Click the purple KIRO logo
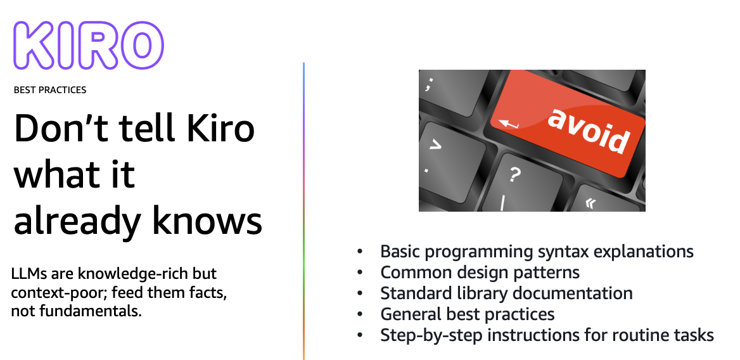(x=89, y=46)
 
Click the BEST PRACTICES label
(x=50, y=89)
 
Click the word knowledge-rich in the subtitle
(x=147, y=274)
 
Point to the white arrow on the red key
(x=509, y=124)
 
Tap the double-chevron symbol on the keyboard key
(x=590, y=203)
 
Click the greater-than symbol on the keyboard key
(x=435, y=146)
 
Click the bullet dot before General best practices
(x=360, y=314)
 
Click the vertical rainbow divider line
(x=303, y=211)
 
